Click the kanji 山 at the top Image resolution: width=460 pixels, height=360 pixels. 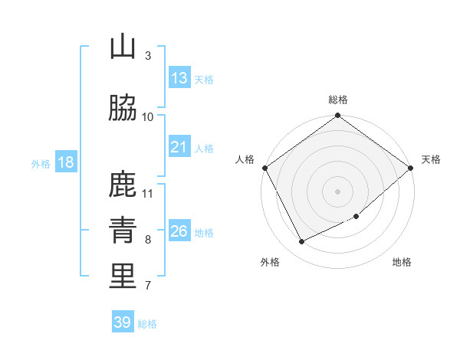pos(123,47)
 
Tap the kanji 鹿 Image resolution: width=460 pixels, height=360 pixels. pos(123,185)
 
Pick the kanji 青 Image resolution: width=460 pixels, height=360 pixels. pos(123,231)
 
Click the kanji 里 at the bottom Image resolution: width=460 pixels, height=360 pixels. pos(123,277)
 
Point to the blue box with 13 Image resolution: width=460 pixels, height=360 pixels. pos(179,78)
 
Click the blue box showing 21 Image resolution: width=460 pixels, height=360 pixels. pos(179,147)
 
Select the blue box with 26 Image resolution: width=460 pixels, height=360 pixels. pos(179,231)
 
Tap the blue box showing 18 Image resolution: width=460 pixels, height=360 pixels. pos(65,162)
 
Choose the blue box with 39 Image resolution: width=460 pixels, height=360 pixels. pos(122,322)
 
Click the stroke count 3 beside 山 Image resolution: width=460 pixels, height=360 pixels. pos(148,56)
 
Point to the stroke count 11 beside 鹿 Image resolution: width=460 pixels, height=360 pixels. pos(148,193)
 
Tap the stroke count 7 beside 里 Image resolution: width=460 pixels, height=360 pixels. pos(148,286)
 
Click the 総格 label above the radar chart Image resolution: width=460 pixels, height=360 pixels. pos(338,100)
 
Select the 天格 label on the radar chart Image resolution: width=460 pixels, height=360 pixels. pos(431,159)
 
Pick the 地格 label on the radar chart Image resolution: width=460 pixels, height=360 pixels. pos(402,263)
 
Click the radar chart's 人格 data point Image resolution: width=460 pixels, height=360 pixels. pos(264,168)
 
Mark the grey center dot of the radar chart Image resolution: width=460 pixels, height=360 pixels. pos(337,191)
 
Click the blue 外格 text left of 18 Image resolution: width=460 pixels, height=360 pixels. pos(41,163)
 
